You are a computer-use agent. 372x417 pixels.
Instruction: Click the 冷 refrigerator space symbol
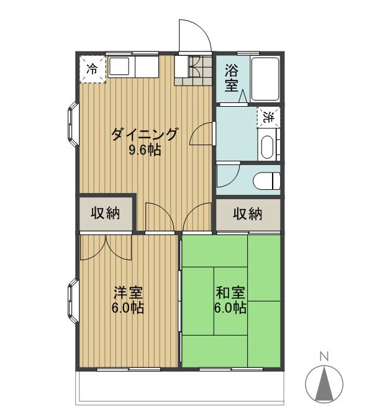coord(93,69)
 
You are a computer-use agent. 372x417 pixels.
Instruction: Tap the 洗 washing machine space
coord(268,117)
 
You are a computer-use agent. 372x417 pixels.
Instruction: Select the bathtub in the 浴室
coord(265,79)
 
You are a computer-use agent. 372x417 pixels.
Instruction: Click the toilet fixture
coord(266,181)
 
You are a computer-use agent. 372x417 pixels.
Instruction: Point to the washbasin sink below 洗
coord(267,147)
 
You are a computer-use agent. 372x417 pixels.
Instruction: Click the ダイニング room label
coord(144,134)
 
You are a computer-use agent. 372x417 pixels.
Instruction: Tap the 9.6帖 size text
coord(145,151)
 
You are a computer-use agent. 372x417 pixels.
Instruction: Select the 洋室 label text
coord(129,293)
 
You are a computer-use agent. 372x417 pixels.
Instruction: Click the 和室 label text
coord(230,293)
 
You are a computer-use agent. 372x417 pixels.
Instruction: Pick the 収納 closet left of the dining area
coord(106,213)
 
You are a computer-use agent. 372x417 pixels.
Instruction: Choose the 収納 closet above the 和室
coord(248,214)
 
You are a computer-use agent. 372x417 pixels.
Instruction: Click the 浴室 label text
coord(232,78)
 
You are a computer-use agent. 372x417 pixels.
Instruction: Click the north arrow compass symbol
coord(324,384)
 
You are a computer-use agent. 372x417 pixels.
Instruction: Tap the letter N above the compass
coord(324,356)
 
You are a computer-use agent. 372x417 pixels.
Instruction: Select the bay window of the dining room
coord(73,124)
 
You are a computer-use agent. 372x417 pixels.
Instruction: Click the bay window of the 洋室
coord(73,301)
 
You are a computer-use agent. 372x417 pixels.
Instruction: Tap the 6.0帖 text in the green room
coord(230,308)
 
